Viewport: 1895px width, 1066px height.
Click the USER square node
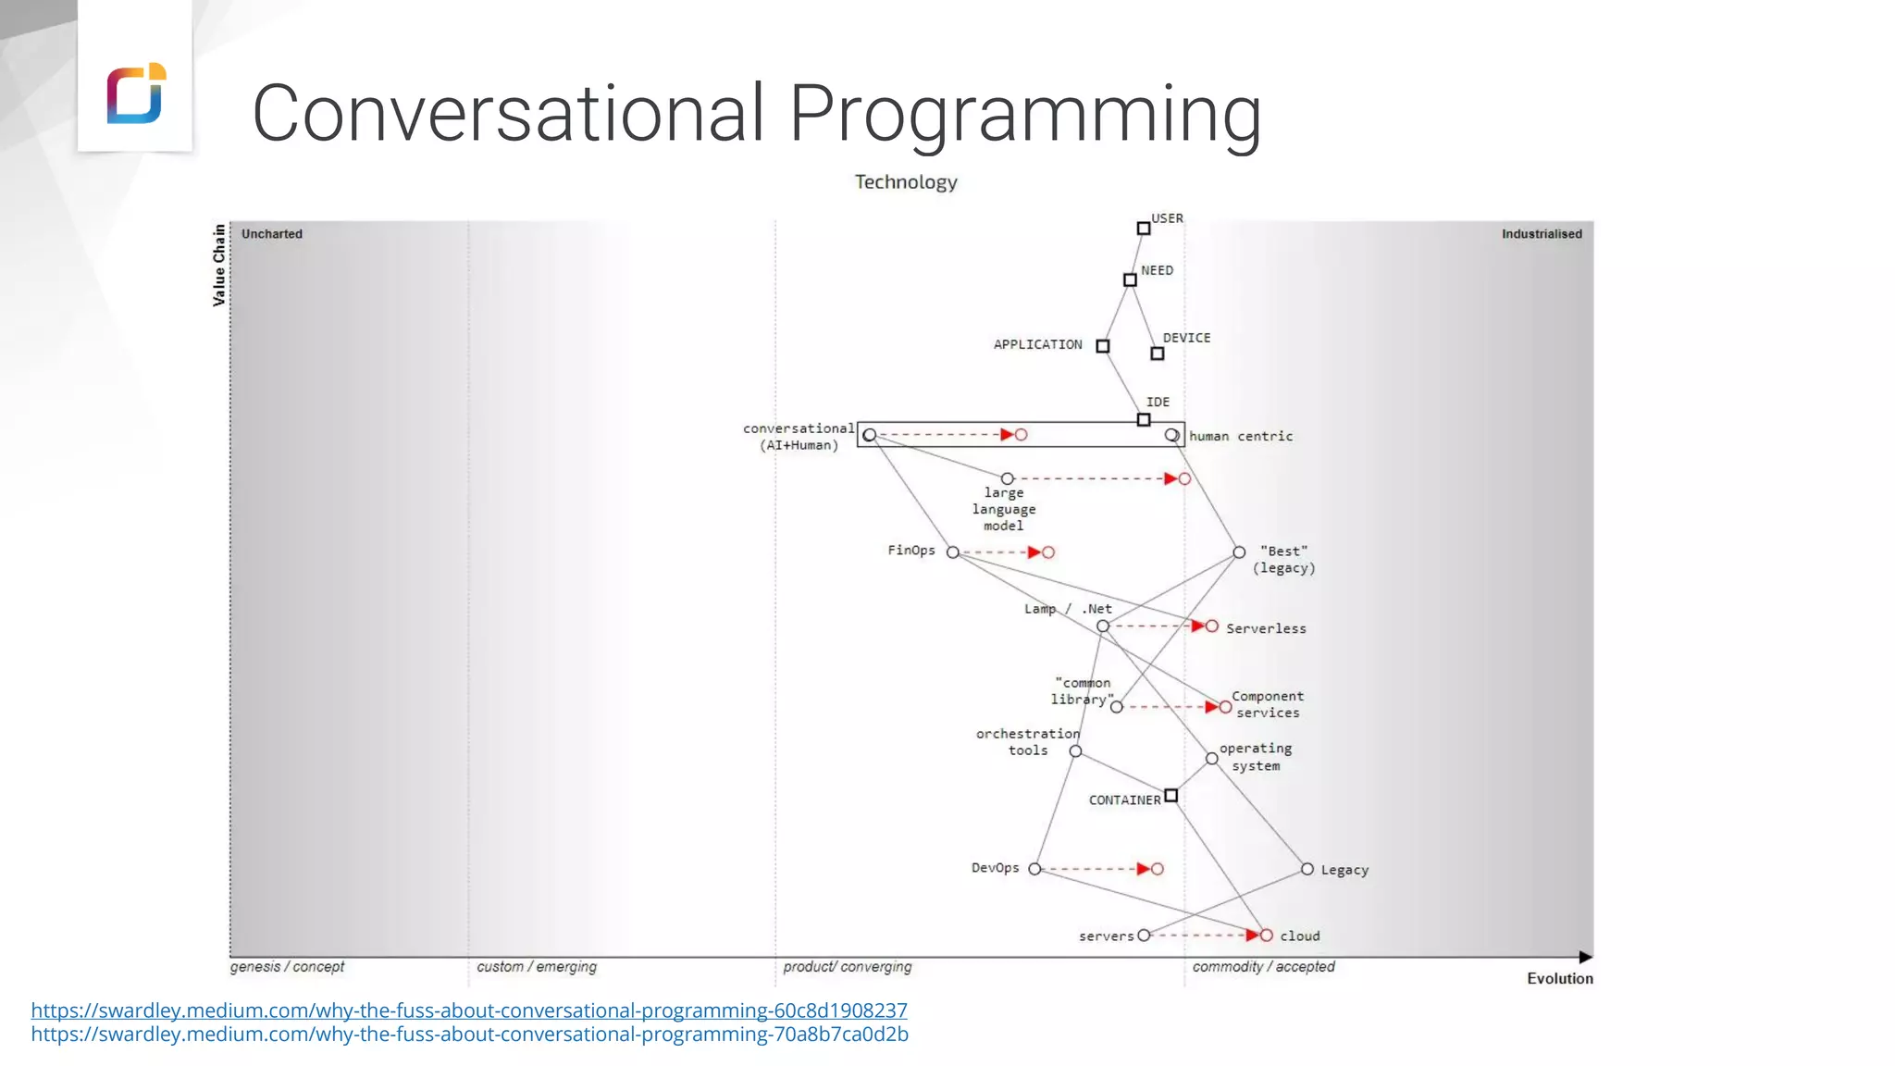[1144, 229]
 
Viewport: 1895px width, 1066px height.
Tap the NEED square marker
[1130, 279]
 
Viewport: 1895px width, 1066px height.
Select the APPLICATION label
[1037, 345]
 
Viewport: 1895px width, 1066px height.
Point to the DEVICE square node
[1157, 353]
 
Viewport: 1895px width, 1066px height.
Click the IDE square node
[1144, 420]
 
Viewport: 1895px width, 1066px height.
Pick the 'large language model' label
[1004, 509]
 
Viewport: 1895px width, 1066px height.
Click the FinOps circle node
[953, 552]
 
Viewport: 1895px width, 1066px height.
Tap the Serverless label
[1266, 629]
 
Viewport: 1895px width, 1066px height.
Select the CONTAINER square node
[1171, 796]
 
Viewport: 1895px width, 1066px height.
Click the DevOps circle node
[1034, 869]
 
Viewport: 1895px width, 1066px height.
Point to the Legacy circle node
[1307, 869]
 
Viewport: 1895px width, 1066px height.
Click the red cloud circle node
[1267, 936]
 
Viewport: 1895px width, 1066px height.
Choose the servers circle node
[1144, 936]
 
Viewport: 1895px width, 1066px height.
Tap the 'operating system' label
[1256, 757]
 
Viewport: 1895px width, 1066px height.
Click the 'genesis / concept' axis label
[287, 967]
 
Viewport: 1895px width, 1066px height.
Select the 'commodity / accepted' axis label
[1263, 967]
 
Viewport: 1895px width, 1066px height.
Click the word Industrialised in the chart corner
[1542, 234]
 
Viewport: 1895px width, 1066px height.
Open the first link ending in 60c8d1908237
[469, 1010]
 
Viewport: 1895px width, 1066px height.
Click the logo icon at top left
[136, 93]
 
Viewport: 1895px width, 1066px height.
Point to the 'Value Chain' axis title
[219, 265]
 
